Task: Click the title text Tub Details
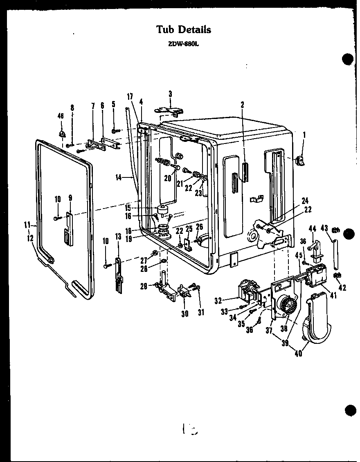(x=184, y=29)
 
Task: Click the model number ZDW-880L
(x=183, y=45)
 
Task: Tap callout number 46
(x=61, y=116)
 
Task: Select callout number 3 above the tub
(x=170, y=94)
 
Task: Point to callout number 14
(x=119, y=177)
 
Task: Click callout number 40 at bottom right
(x=298, y=354)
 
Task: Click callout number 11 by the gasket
(x=27, y=224)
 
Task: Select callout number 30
(x=185, y=313)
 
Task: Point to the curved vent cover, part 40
(x=317, y=319)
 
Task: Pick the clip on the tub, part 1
(x=301, y=161)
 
